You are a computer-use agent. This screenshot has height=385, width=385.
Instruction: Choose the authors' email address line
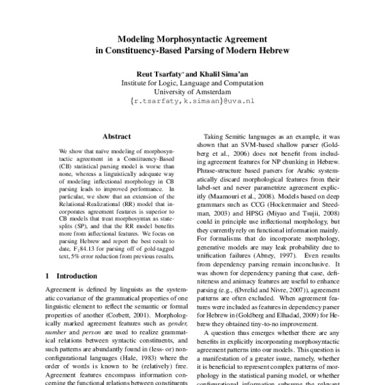[193, 101]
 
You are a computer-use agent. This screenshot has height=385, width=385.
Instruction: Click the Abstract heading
[117, 136]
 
